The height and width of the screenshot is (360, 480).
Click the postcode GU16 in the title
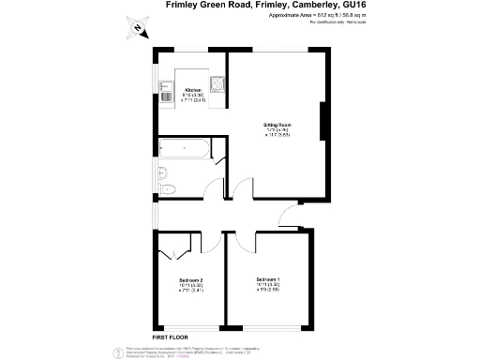pyautogui.click(x=352, y=6)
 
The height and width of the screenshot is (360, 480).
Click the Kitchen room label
pyautogui.click(x=192, y=90)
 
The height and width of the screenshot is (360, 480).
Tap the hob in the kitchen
pyautogui.click(x=217, y=84)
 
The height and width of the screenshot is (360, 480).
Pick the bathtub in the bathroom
pyautogui.click(x=185, y=148)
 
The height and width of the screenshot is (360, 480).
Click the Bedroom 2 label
pyautogui.click(x=191, y=280)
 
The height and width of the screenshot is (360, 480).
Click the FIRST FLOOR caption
pyautogui.click(x=172, y=336)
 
